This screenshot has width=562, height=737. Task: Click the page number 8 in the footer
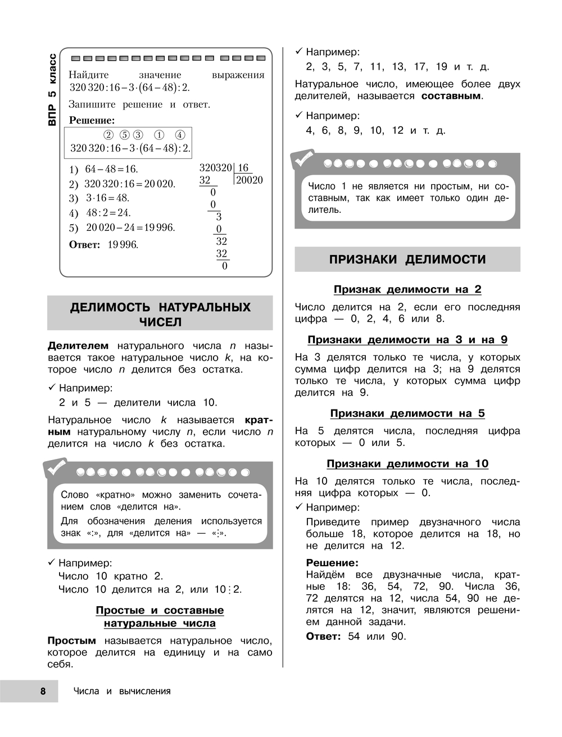(x=43, y=691)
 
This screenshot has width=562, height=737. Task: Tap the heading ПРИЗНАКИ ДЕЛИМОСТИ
(x=407, y=260)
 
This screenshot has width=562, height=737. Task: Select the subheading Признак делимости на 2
(x=407, y=289)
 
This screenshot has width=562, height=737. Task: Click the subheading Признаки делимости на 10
(x=407, y=463)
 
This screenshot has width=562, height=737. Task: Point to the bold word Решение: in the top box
(x=92, y=120)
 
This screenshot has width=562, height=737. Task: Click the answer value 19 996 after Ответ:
(x=123, y=244)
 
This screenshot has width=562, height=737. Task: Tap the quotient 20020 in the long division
(x=249, y=180)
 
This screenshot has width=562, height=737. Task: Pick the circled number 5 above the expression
(x=124, y=135)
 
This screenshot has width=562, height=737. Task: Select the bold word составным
(x=451, y=95)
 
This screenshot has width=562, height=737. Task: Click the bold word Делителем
(x=78, y=345)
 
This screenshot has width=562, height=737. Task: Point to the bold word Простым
(x=71, y=640)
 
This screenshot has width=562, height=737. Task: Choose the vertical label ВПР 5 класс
(x=52, y=89)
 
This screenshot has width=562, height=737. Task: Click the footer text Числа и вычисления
(x=122, y=691)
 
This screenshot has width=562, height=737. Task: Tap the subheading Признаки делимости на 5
(x=407, y=413)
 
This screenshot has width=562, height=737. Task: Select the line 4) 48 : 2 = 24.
(x=100, y=213)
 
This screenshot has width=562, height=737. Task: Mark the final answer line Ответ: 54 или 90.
(x=355, y=636)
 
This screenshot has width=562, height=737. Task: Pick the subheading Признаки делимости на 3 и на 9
(x=407, y=340)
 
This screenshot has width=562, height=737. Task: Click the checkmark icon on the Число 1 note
(x=303, y=160)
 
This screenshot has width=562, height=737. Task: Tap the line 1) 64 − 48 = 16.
(x=103, y=169)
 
